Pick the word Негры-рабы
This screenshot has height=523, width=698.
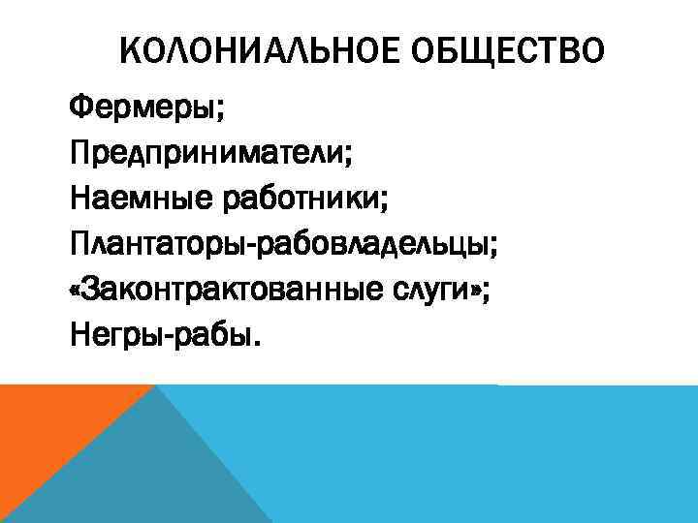pyautogui.click(x=161, y=336)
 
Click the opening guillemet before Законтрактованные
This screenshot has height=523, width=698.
pyautogui.click(x=77, y=292)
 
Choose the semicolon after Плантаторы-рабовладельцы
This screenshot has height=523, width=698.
pyautogui.click(x=495, y=248)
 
